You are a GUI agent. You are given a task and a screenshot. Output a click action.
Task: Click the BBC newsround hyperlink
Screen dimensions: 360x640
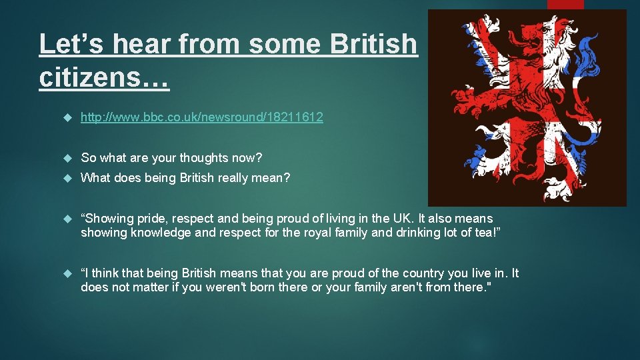[x=202, y=117]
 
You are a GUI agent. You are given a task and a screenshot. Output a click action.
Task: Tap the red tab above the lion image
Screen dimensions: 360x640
[x=565, y=4]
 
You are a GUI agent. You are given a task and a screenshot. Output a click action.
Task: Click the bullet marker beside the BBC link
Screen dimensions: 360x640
[x=66, y=118]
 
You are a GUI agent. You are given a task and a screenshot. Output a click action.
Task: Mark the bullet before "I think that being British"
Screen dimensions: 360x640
[x=66, y=274]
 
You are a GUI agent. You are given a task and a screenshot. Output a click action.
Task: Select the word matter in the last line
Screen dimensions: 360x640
[x=142, y=287]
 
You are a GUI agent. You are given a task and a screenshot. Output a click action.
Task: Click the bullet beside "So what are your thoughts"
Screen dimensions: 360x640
[x=66, y=159]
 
